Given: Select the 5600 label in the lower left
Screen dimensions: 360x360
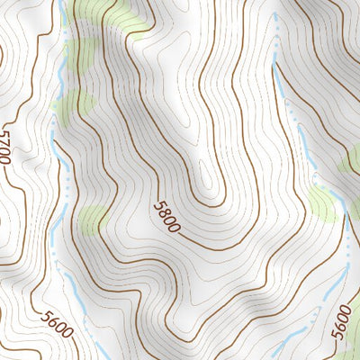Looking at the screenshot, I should [56, 324].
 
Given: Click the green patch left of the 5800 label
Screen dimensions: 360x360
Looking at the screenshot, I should [94, 219].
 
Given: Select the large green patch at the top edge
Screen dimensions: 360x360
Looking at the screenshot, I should [108, 16].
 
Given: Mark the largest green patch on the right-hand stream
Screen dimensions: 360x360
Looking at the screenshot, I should [324, 203].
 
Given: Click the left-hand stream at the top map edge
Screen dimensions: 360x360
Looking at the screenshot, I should [60, 3].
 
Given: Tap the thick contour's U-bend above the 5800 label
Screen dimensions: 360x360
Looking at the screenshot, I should [216, 200].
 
